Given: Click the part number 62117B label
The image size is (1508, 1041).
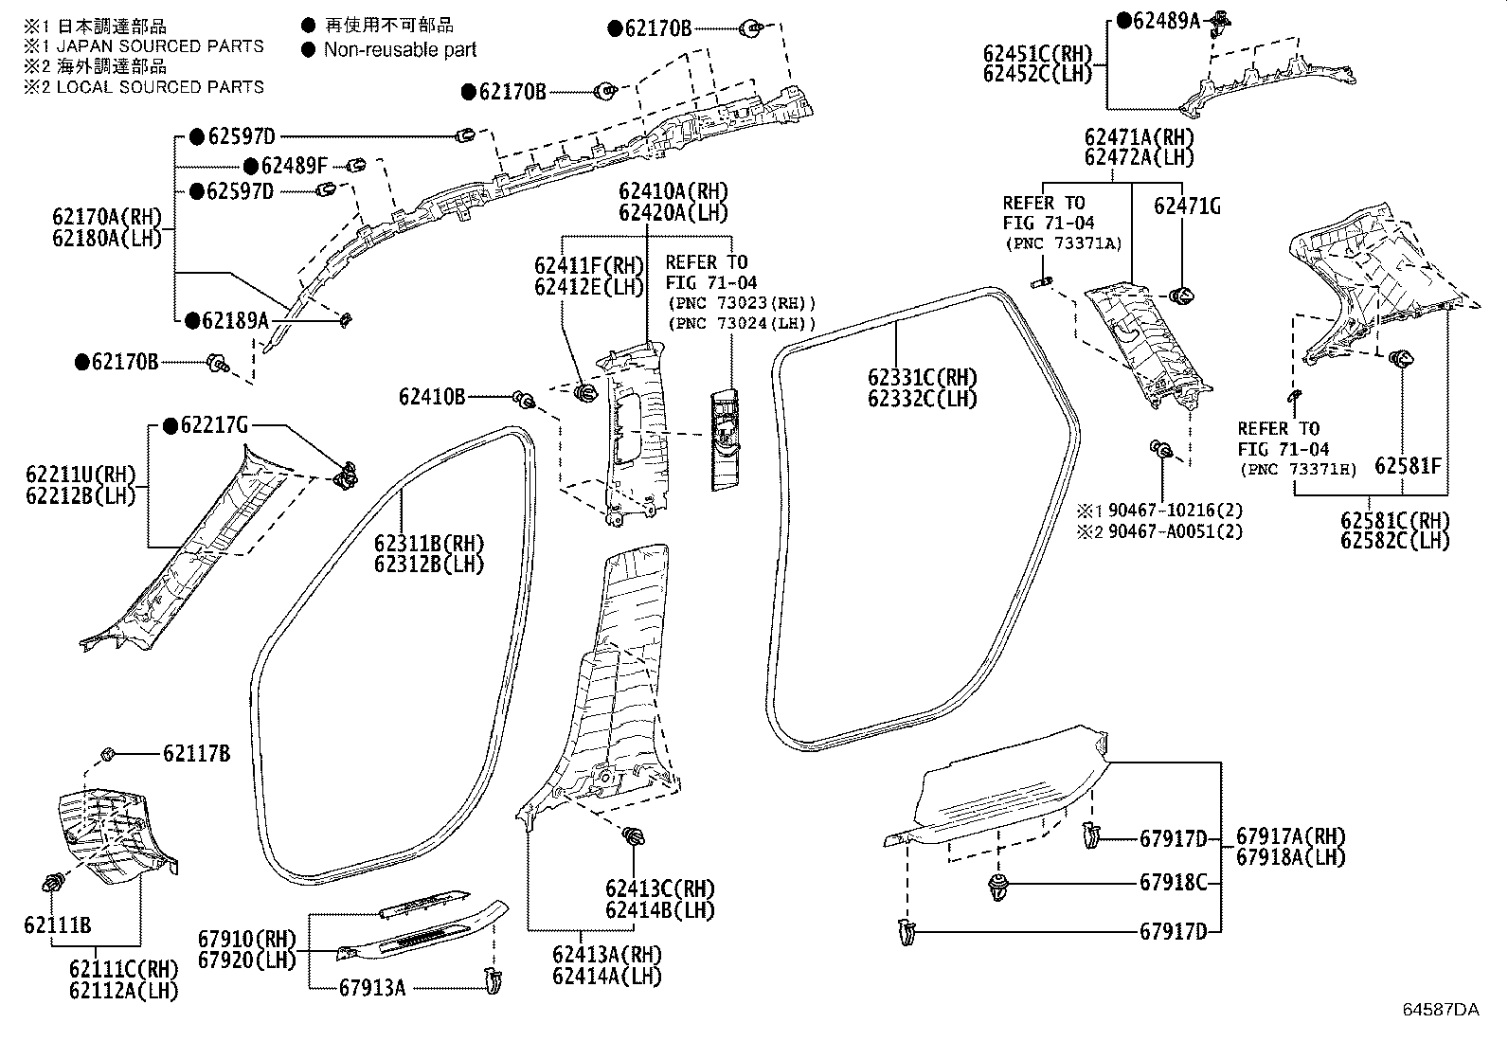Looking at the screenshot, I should point(196,754).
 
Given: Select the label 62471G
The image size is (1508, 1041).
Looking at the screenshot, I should point(1186,205).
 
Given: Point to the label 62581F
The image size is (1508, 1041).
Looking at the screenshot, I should point(1408,465).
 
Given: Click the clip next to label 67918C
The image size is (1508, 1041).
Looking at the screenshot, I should point(997,887).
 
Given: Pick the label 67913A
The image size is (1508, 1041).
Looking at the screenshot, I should point(371,988).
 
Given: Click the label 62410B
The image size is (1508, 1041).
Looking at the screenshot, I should point(431,397).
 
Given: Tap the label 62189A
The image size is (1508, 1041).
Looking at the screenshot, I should point(235,321).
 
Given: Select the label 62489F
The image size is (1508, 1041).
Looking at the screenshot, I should point(295,167).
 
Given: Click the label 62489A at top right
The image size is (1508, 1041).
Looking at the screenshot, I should point(1165,20).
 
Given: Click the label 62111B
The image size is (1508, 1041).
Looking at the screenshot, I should point(58,925).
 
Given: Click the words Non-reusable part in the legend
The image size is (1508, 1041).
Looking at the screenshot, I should point(400,49).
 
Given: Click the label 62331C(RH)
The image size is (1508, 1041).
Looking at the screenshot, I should point(923,378).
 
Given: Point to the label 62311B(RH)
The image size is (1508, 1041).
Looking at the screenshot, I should point(428,544).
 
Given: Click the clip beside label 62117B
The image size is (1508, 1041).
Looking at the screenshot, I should point(107,754).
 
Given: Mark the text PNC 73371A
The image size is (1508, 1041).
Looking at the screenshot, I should point(1062,243).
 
